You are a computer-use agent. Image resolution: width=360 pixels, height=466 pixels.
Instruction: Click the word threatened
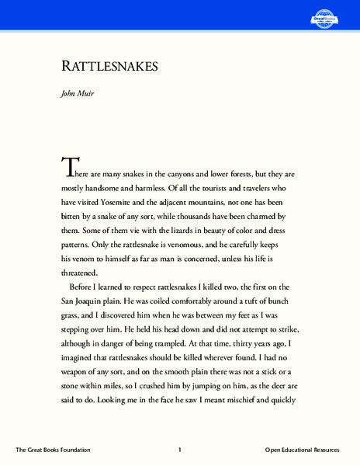tap(80, 273)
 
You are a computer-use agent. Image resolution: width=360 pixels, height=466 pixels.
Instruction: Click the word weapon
tap(78, 367)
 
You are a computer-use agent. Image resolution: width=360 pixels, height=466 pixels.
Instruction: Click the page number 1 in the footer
tap(179, 450)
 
